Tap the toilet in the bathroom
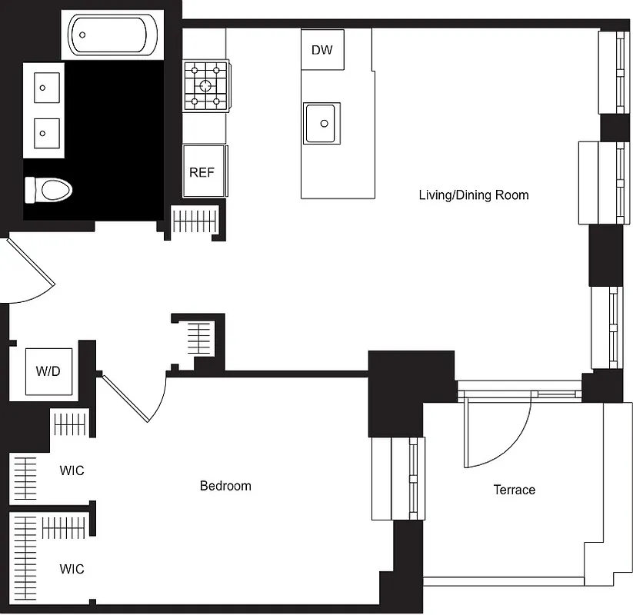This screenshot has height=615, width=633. [x=48, y=189]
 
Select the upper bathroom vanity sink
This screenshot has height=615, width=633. [x=47, y=87]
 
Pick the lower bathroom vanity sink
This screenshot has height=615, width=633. [x=47, y=134]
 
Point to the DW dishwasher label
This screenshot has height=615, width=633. [x=322, y=51]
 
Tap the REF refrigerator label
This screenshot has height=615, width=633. [x=202, y=172]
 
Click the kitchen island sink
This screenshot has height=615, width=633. [x=322, y=123]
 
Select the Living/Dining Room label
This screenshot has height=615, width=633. [x=473, y=194]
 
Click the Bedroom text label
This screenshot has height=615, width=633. [x=225, y=486]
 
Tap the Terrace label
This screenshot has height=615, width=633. [x=514, y=490]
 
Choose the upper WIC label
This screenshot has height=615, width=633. [x=72, y=470]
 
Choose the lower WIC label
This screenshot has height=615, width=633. [x=72, y=569]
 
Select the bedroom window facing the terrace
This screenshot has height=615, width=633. [x=398, y=478]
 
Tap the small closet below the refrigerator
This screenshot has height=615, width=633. [x=195, y=221]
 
